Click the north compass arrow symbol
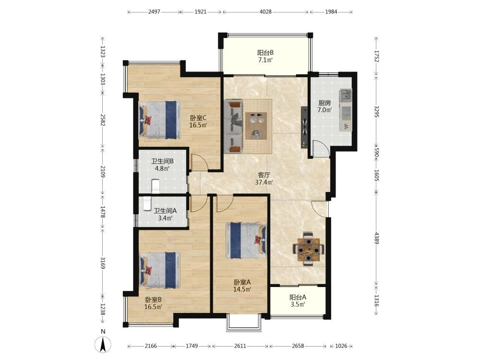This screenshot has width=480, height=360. pyautogui.click(x=103, y=344)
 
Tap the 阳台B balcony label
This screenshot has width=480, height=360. pyautogui.click(x=265, y=53)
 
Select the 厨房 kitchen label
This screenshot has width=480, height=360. pyautogui.click(x=324, y=103)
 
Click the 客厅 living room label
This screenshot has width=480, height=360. pyautogui.click(x=264, y=175)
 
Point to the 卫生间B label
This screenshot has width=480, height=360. pyautogui.click(x=163, y=161)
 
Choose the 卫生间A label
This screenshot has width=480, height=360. pyautogui.click(x=165, y=211)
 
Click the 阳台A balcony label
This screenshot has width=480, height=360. pyautogui.click(x=298, y=297)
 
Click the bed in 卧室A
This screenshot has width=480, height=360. pyautogui.click(x=246, y=240)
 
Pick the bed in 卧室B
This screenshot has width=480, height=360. pyautogui.click(x=159, y=270)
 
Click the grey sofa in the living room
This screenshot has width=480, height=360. pyautogui.click(x=234, y=126)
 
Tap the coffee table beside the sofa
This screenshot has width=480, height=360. pyautogui.click(x=256, y=126)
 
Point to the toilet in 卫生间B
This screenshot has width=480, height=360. pyautogui.click(x=156, y=186)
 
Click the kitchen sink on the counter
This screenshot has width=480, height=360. pyautogui.click(x=346, y=95)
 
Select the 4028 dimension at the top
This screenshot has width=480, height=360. pyautogui.click(x=265, y=12)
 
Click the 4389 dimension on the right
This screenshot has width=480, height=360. pyautogui.click(x=376, y=239)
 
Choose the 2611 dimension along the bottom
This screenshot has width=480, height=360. pyautogui.click(x=240, y=346)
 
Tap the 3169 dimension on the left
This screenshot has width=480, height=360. pyautogui.click(x=103, y=263)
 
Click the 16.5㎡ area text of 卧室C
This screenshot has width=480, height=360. pyautogui.click(x=198, y=125)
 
